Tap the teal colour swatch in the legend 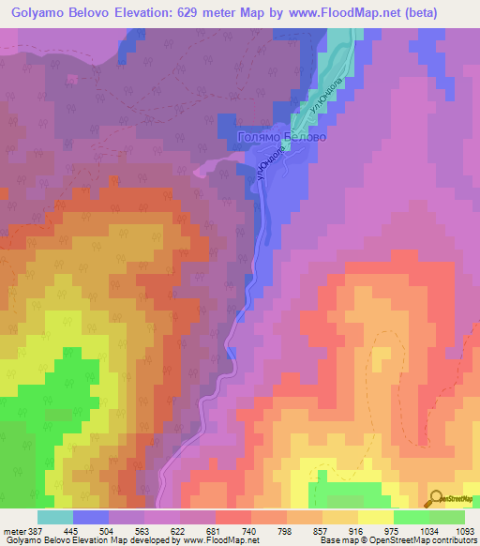coord(55,517)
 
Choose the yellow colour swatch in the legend coord(375,517)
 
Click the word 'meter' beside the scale coord(14,532)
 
